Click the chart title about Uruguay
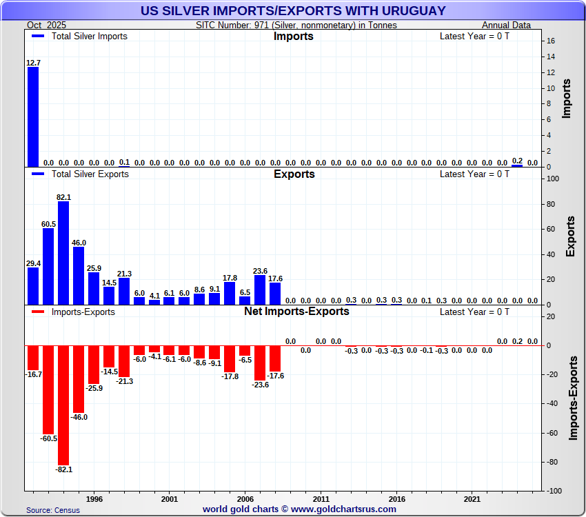(x=293, y=11)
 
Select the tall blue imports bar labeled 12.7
(x=33, y=117)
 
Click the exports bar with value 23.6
(x=260, y=290)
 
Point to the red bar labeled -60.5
(x=48, y=389)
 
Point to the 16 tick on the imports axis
(x=551, y=41)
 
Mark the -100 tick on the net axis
(x=554, y=491)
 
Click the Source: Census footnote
(x=53, y=510)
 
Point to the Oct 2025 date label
(x=45, y=25)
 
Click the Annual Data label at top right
(x=506, y=25)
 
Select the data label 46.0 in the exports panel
(x=79, y=243)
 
